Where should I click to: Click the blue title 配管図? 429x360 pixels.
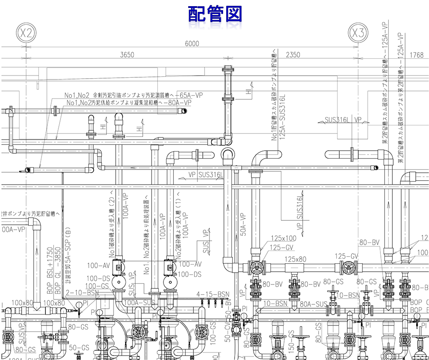pyautogui.click(x=215, y=14)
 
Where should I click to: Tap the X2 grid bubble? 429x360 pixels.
pyautogui.click(x=27, y=32)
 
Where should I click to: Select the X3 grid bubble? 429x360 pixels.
pyautogui.click(x=358, y=32)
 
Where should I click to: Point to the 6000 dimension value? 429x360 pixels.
pyautogui.click(x=192, y=43)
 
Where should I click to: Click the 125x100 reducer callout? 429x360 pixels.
pyautogui.click(x=283, y=239)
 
